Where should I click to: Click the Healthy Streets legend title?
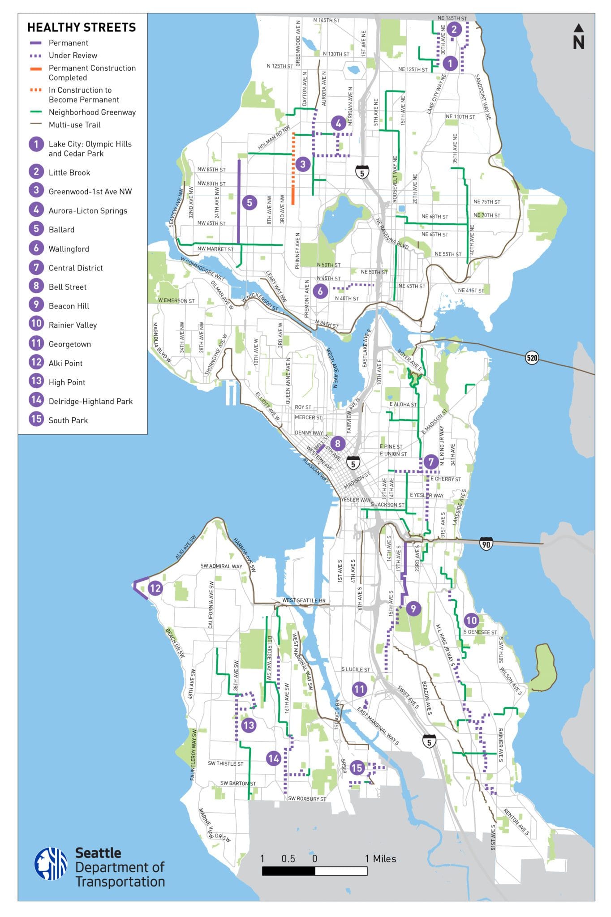[x=81, y=27]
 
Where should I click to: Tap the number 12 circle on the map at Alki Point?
[x=155, y=588]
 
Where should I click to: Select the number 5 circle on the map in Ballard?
[x=250, y=202]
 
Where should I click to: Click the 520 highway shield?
[x=532, y=358]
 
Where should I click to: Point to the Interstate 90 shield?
[x=486, y=544]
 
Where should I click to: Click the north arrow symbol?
[x=578, y=37]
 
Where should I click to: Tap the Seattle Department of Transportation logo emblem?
[x=51, y=863]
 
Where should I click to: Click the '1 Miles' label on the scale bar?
[x=380, y=858]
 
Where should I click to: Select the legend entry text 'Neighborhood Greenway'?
[x=92, y=112]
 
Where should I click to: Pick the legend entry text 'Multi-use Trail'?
[x=74, y=125]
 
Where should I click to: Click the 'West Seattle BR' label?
[x=303, y=600]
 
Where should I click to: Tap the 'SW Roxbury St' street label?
[x=307, y=798]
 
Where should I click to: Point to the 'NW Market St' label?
[x=215, y=249]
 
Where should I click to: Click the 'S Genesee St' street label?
[x=480, y=632]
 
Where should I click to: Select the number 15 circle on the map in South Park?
[x=357, y=768]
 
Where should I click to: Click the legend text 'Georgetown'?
[x=69, y=344]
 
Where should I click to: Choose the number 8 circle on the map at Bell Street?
[x=337, y=444]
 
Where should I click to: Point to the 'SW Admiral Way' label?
[x=221, y=566]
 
